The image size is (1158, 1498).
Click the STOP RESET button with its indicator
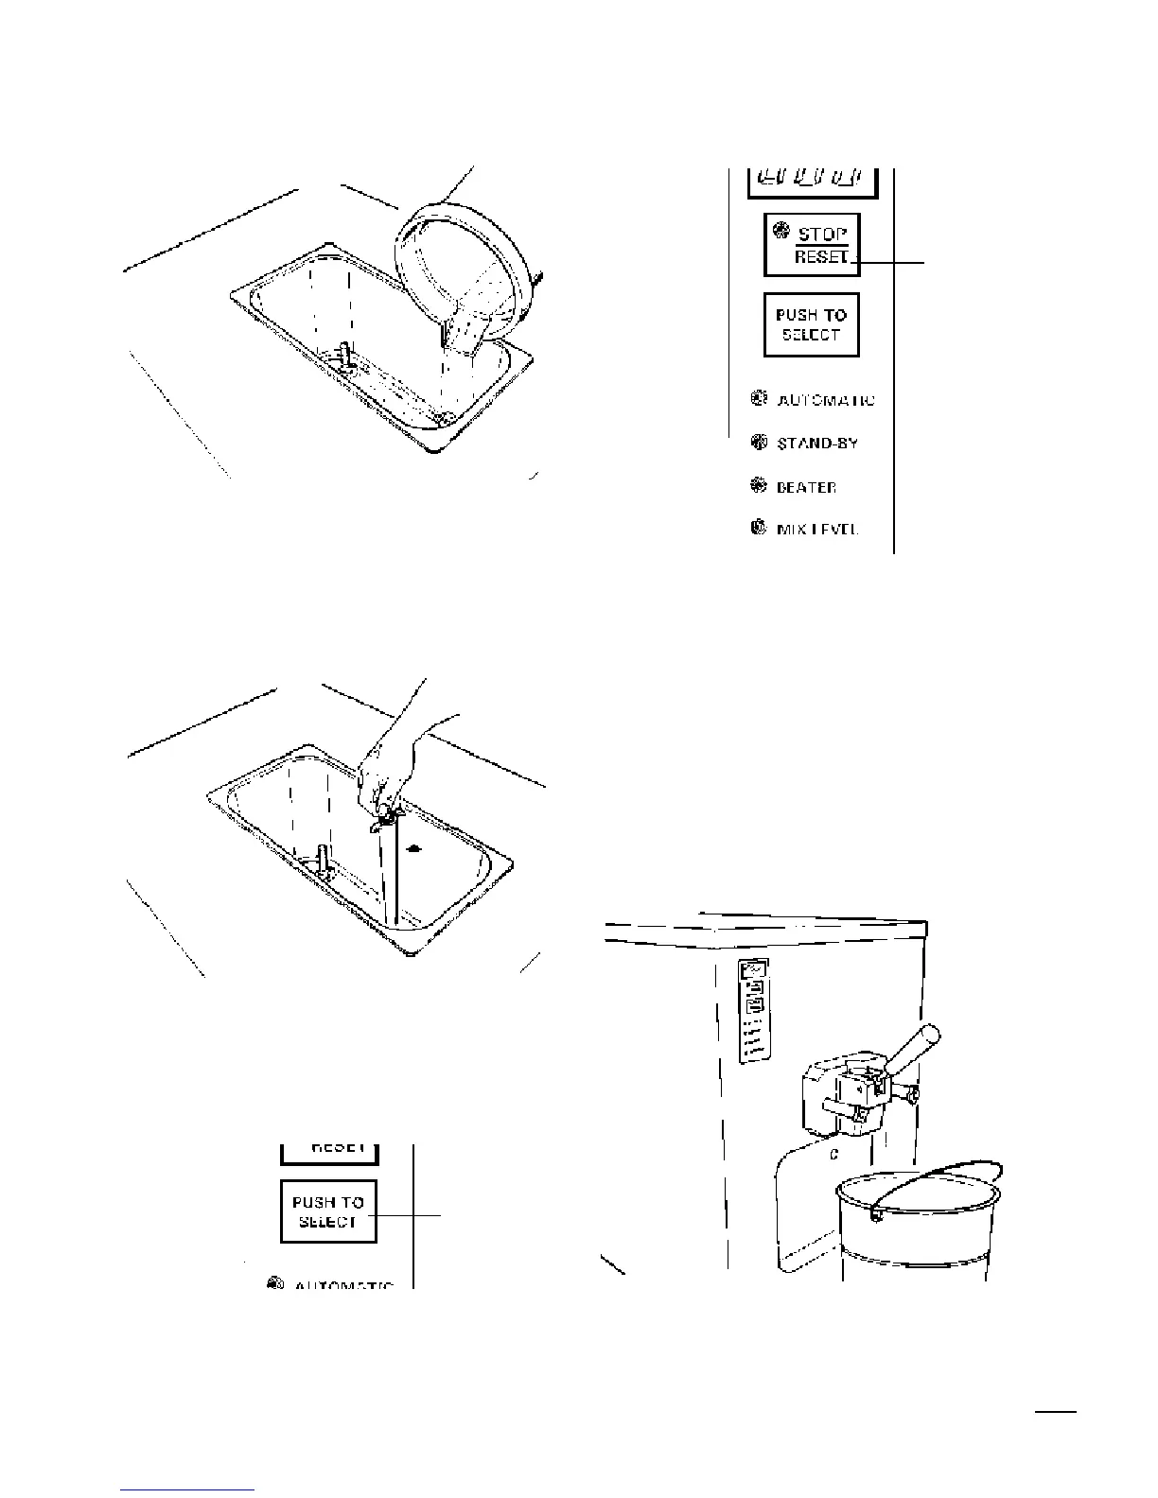(x=812, y=245)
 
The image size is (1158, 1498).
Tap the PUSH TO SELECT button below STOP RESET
(x=812, y=324)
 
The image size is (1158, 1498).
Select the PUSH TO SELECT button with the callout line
(x=328, y=1211)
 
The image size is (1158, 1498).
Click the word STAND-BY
(x=817, y=443)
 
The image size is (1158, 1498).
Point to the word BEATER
(x=806, y=487)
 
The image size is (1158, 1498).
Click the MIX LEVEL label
(x=816, y=530)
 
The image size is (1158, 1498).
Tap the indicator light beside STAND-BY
(x=758, y=442)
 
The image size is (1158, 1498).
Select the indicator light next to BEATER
(x=758, y=486)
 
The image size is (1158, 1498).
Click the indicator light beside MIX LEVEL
(x=758, y=529)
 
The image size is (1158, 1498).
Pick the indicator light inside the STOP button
(x=781, y=230)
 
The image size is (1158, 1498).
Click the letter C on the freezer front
(x=833, y=1155)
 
